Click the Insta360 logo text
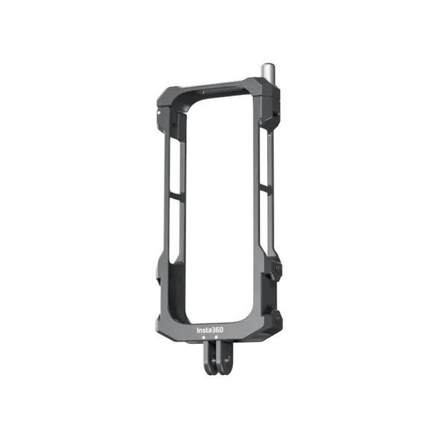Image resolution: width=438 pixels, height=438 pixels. pos(211,329)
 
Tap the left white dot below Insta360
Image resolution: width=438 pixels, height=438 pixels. pos(208,339)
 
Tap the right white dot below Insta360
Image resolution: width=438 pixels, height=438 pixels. pos(217,339)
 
